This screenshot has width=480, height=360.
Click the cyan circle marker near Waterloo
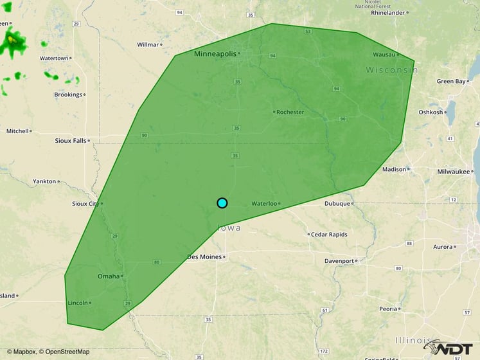[222, 203]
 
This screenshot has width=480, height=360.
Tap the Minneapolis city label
[215, 54]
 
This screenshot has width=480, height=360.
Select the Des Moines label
[204, 256]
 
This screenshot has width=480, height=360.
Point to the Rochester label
[290, 112]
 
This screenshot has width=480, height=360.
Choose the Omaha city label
[108, 276]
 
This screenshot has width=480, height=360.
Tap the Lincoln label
[77, 303]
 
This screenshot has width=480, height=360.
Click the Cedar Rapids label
[329, 235]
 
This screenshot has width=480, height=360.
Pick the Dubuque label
[337, 204]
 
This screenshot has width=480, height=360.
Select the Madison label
[394, 170]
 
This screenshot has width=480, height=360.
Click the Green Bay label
[450, 82]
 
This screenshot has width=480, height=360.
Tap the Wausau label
[384, 55]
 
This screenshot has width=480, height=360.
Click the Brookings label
[68, 94]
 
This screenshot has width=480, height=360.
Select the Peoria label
[387, 309]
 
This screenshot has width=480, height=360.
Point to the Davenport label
[339, 261]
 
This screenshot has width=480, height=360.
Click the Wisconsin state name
[392, 69]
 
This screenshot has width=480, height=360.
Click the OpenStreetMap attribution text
[64, 352]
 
